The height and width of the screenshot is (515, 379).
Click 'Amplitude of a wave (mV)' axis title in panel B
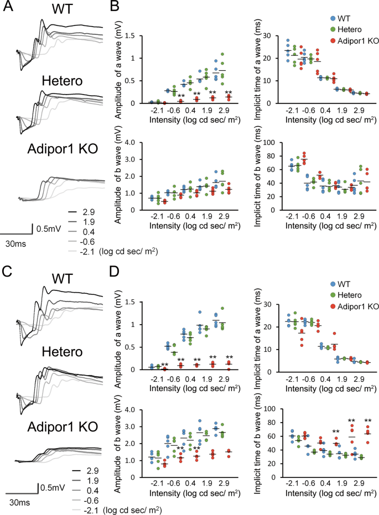pos(118,70)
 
